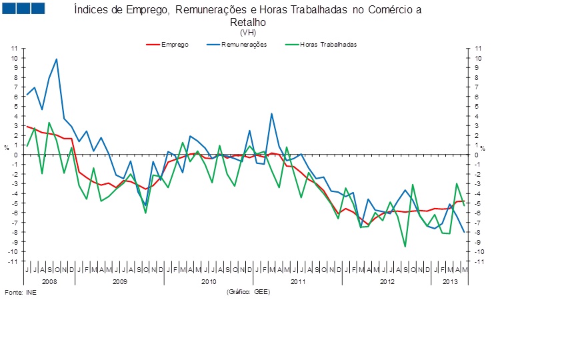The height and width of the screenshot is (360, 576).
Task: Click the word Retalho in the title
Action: click(x=247, y=21)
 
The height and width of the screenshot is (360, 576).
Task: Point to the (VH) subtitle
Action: click(x=247, y=32)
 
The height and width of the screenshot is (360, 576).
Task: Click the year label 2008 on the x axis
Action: click(x=49, y=282)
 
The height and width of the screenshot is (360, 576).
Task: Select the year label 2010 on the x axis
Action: click(x=209, y=282)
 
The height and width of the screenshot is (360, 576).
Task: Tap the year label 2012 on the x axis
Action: click(x=387, y=282)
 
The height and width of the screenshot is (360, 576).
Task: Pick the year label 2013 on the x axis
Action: click(x=451, y=282)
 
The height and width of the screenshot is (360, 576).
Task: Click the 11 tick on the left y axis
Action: click(x=14, y=49)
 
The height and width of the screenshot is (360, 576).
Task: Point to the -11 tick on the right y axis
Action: click(x=477, y=261)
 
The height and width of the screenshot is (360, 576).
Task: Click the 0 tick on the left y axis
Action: click(x=15, y=155)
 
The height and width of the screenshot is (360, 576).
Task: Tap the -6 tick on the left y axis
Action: click(x=14, y=213)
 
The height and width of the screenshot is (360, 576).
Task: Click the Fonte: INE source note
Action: click(x=21, y=293)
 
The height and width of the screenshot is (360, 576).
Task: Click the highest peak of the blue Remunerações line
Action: click(x=57, y=59)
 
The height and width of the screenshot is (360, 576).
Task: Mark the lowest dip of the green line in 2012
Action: click(x=405, y=247)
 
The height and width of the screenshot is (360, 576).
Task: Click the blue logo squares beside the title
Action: click(x=24, y=9)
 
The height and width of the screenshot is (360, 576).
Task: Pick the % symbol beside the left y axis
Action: click(x=6, y=147)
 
